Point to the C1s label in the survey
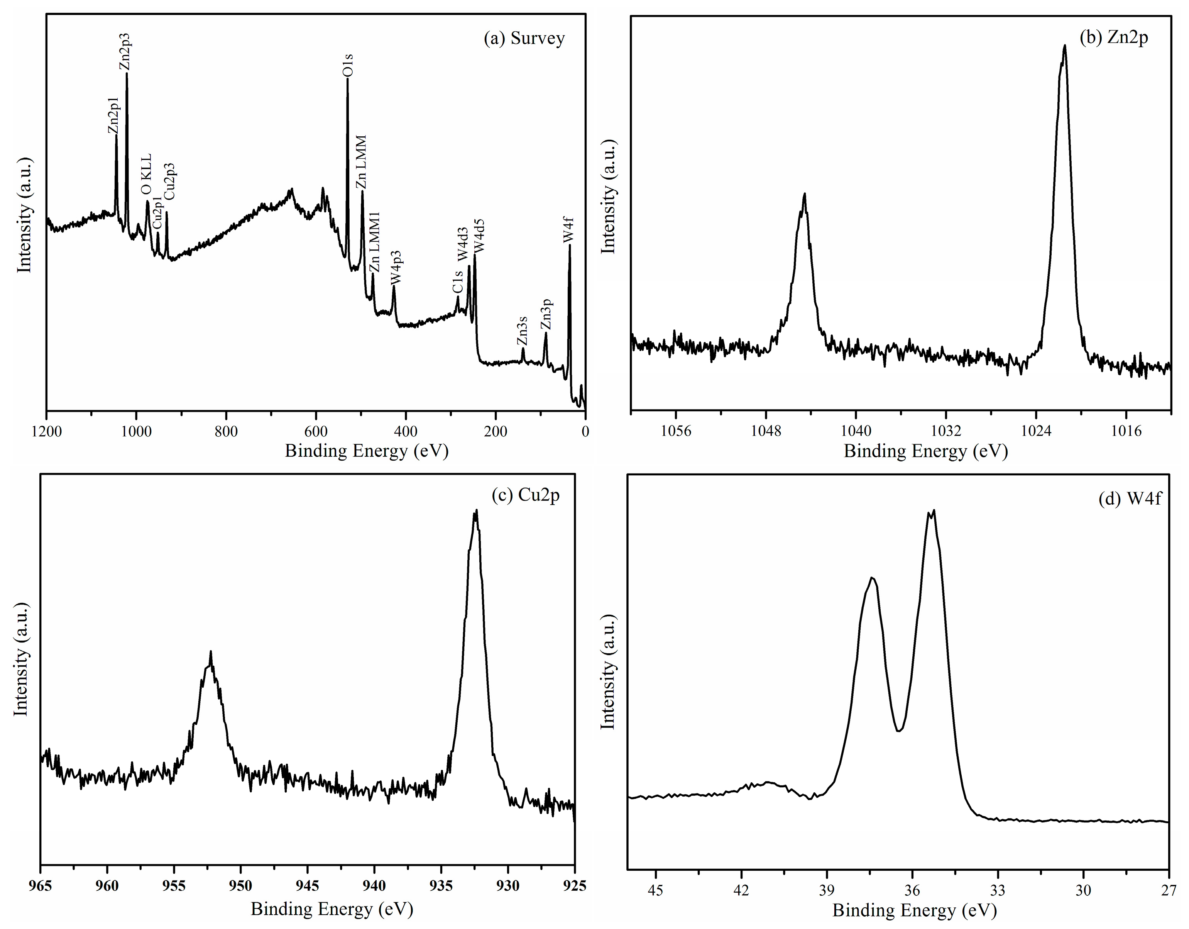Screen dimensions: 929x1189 457,281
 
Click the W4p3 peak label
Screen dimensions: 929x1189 396,267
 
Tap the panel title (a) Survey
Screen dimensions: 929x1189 524,39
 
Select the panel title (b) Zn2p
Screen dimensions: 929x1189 1114,37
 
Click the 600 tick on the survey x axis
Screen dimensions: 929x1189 316,431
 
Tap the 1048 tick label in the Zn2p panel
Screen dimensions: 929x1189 765,431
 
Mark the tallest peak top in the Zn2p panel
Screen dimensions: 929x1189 1064,46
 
